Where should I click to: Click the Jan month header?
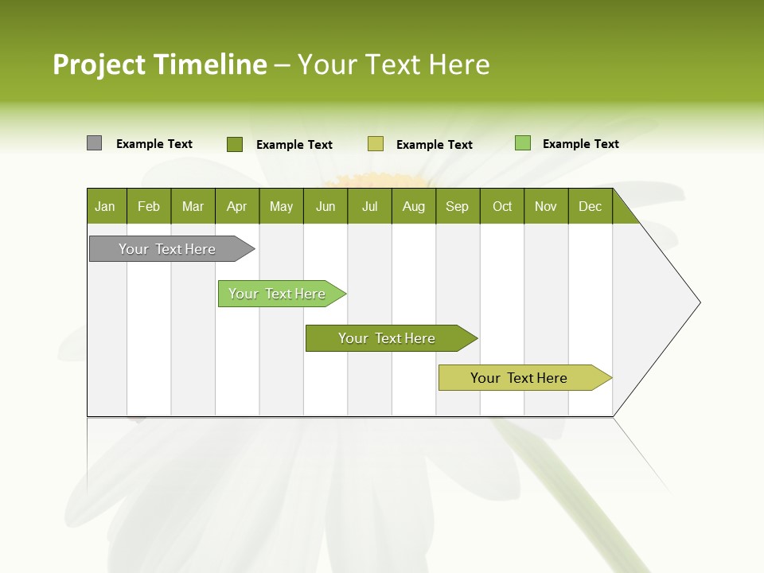105,206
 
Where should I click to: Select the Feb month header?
149,206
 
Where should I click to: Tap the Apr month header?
236,206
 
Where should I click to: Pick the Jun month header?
325,206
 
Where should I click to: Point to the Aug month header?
414,206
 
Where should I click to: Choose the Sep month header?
458,206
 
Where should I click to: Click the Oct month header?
502,206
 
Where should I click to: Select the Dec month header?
591,206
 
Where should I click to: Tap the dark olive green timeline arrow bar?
388,338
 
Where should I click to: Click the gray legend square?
95,143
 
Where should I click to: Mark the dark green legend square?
235,144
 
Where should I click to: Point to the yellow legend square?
376,144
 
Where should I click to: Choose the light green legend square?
523,143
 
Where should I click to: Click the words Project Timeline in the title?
160,64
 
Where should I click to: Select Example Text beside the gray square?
154,144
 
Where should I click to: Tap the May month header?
281,206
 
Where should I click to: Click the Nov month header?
546,206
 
